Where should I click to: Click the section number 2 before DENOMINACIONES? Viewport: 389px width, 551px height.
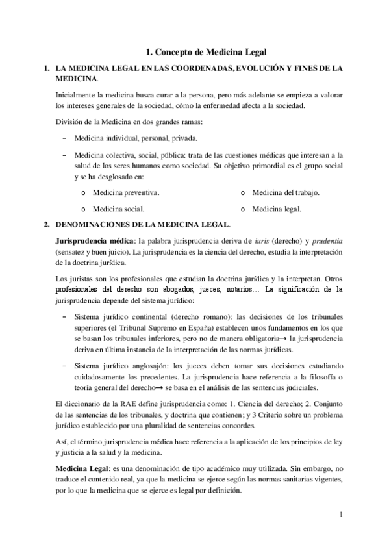click(x=45, y=225)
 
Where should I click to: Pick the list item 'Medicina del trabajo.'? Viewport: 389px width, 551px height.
click(x=286, y=193)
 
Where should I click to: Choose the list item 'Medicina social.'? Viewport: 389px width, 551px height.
click(x=119, y=209)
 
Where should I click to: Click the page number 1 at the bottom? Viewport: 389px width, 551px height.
click(x=340, y=515)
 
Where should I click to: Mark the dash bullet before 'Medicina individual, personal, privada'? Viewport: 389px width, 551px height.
click(x=64, y=139)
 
